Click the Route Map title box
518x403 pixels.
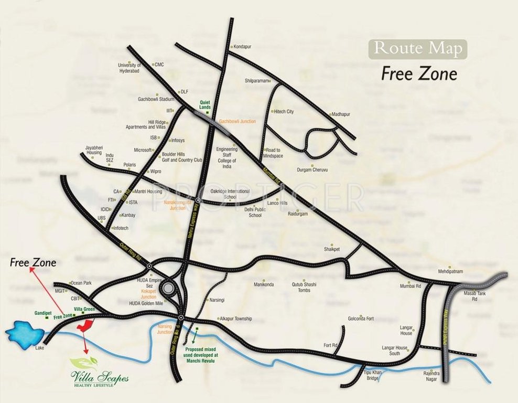[418, 48]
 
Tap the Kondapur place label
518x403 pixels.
[242, 47]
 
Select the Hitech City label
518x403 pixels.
[284, 112]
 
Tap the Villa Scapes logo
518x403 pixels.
[100, 370]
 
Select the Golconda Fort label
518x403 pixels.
[361, 319]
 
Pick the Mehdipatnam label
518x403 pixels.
[452, 271]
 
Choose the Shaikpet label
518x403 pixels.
[332, 249]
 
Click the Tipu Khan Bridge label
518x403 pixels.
[371, 375]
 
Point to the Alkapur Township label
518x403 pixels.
[235, 319]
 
